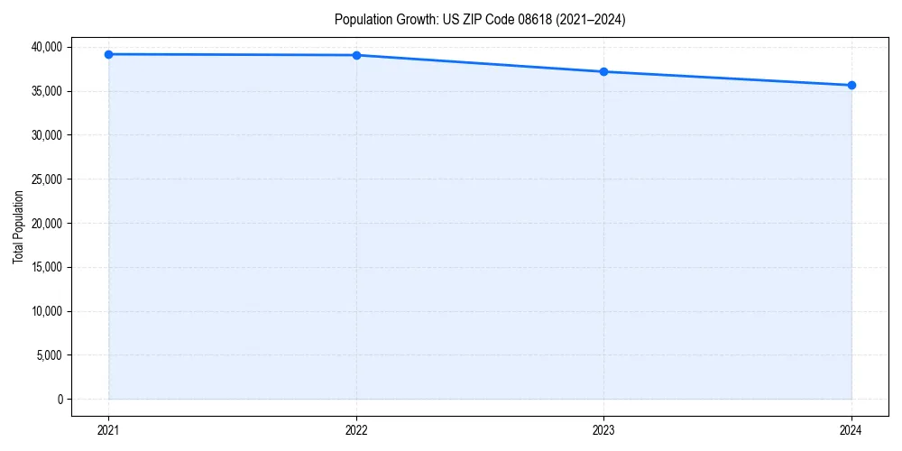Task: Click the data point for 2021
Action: coord(108,54)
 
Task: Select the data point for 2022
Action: coord(356,55)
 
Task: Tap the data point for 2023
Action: coord(603,71)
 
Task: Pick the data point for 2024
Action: coord(851,85)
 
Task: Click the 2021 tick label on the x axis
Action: coord(108,429)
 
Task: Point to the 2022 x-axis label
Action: coord(356,429)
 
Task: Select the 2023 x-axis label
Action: coord(603,429)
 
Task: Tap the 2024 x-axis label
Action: coord(851,429)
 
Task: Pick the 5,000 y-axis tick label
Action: coord(50,355)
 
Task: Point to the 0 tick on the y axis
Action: coord(60,399)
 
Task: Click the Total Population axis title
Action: coord(18,226)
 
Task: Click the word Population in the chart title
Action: coord(363,19)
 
